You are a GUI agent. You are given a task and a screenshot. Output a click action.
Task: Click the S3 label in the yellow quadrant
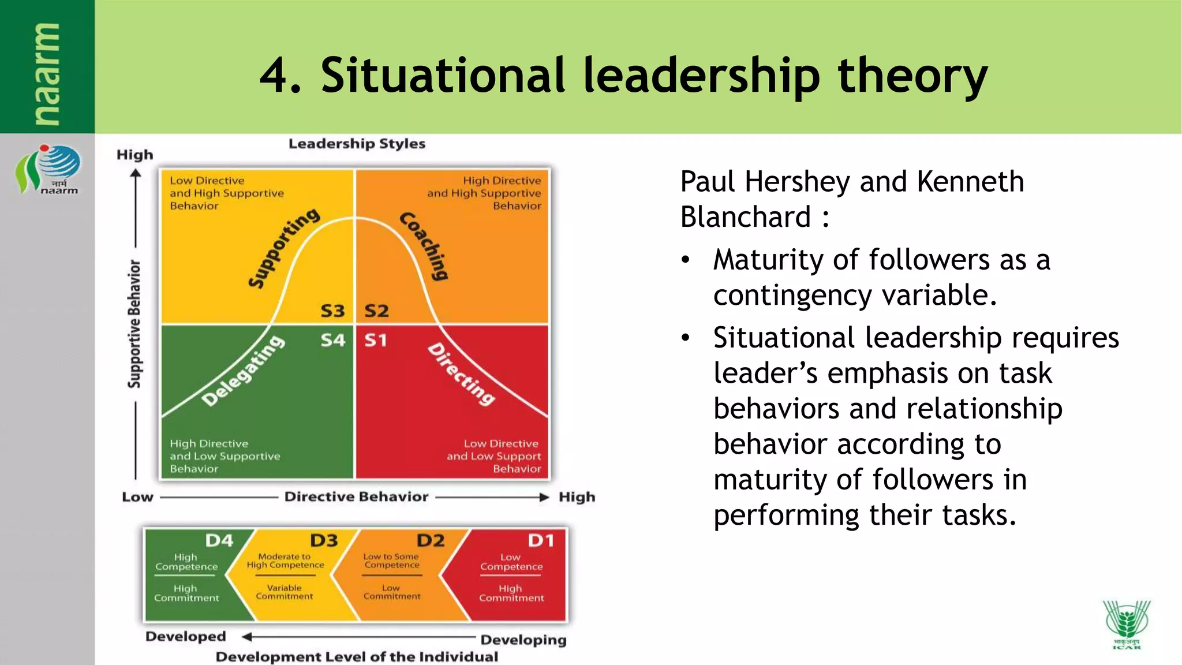pyautogui.click(x=332, y=311)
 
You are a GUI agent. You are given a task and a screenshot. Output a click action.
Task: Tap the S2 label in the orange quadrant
pyautogui.click(x=376, y=311)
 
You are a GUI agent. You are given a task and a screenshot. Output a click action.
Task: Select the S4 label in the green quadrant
pyautogui.click(x=332, y=341)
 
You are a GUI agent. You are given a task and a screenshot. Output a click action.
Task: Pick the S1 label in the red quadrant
pyautogui.click(x=375, y=341)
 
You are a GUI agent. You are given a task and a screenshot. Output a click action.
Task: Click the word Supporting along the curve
pyautogui.click(x=283, y=248)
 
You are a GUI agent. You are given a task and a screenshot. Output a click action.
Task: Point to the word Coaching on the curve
pyautogui.click(x=424, y=246)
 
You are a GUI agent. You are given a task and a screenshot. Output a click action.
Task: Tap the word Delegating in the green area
pyautogui.click(x=243, y=371)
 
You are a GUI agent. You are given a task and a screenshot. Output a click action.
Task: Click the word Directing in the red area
pyautogui.click(x=461, y=375)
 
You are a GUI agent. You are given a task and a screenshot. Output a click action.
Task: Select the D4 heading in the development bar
pyautogui.click(x=219, y=541)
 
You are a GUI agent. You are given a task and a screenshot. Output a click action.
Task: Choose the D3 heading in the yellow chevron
pyautogui.click(x=324, y=541)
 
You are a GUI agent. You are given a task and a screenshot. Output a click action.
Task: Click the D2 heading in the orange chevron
pyautogui.click(x=431, y=541)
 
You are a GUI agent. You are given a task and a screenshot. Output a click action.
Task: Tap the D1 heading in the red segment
pyautogui.click(x=541, y=541)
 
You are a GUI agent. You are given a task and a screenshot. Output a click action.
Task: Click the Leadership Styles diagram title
pyautogui.click(x=357, y=144)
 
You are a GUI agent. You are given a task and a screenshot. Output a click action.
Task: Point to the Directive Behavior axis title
pyautogui.click(x=356, y=497)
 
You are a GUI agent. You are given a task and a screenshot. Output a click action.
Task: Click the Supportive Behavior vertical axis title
pyautogui.click(x=134, y=324)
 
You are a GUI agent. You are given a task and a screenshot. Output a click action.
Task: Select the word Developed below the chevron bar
pyautogui.click(x=185, y=636)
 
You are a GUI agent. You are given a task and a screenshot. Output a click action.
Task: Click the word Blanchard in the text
pyautogui.click(x=746, y=218)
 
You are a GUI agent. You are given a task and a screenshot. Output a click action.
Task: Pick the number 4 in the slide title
pyautogui.click(x=273, y=76)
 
